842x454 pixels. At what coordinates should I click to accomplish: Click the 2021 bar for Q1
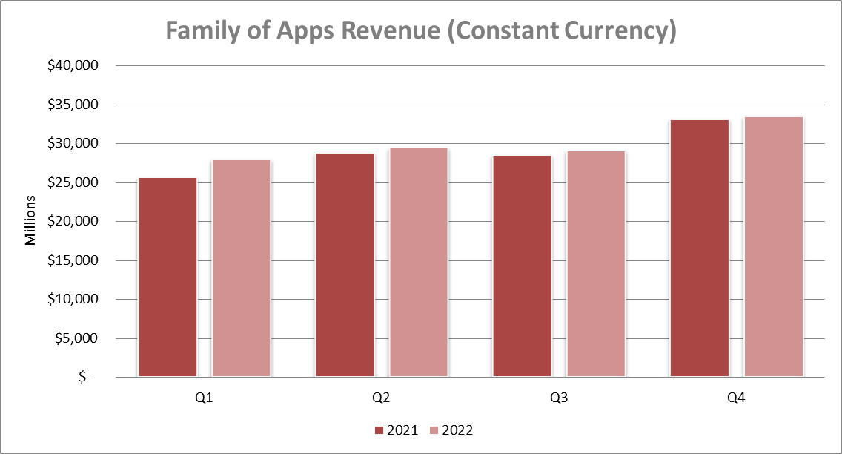point(168,277)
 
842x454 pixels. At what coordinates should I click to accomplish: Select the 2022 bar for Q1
point(241,269)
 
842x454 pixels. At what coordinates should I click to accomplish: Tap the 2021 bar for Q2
point(345,265)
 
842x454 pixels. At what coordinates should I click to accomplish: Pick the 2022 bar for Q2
point(418,263)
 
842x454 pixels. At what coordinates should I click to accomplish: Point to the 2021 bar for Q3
point(522,266)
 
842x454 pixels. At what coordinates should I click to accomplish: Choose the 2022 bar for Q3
point(595,264)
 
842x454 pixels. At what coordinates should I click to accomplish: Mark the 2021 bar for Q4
point(699,249)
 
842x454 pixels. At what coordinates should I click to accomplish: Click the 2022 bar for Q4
point(773,247)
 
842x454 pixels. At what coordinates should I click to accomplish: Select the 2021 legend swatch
point(379,430)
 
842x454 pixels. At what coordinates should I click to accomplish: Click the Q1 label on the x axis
point(205,398)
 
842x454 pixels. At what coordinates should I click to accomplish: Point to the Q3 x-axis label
point(559,398)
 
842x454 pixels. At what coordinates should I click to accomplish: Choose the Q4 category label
point(736,398)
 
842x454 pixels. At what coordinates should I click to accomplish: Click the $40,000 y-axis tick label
point(73,66)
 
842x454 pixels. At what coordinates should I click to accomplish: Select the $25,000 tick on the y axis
point(73,182)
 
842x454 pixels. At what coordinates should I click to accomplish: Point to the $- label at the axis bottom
point(84,378)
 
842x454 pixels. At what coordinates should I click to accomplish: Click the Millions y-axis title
point(30,220)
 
